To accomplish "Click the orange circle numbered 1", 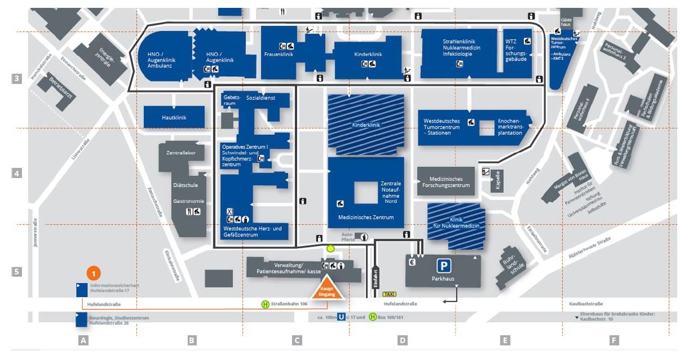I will (94, 274).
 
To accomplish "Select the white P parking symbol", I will (444, 266).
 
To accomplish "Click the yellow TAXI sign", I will (389, 294).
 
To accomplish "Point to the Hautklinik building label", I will (174, 117).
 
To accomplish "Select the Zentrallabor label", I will (180, 153).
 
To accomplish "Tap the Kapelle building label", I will (498, 180).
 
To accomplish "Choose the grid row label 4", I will (17, 174).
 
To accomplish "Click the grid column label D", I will (402, 340).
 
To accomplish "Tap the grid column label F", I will (614, 340).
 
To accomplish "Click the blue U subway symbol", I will (341, 317).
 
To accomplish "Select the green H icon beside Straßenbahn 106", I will (265, 304).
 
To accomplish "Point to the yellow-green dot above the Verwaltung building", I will (330, 248).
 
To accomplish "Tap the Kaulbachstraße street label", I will (578, 304).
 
